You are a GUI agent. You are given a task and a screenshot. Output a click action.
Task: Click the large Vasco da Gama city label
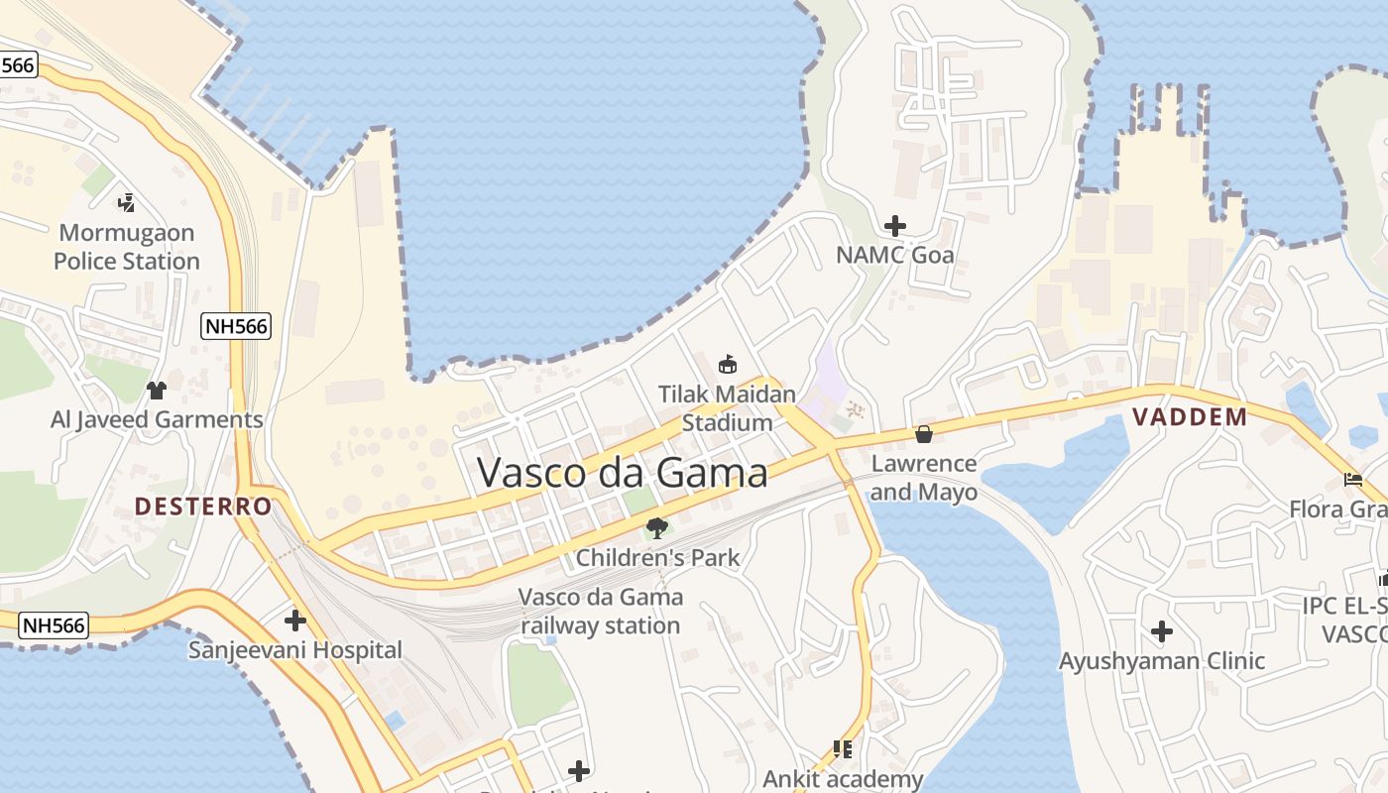[x=622, y=473]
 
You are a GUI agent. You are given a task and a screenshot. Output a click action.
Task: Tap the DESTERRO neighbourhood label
[x=203, y=507]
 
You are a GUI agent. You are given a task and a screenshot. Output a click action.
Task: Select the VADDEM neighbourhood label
[x=1190, y=416]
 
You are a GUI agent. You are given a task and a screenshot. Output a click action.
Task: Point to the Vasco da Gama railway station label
[x=601, y=612]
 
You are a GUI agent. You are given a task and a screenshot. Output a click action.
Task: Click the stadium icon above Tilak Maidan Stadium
[x=728, y=364]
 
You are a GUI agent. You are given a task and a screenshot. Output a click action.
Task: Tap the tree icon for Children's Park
[x=656, y=527]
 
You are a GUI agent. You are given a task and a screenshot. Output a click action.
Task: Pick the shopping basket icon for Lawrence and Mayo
[x=924, y=434]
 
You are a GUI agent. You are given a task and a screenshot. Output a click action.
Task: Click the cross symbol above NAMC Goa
[x=894, y=226]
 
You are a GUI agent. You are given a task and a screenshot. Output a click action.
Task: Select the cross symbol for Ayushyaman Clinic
[x=1161, y=630]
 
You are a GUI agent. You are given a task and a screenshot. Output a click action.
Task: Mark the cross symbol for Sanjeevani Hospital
[x=294, y=622]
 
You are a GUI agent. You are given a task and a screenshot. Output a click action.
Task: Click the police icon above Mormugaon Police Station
[x=126, y=203]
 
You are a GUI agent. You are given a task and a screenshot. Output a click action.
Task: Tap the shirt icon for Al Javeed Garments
[x=156, y=390]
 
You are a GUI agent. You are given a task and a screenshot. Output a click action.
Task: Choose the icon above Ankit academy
[x=843, y=749]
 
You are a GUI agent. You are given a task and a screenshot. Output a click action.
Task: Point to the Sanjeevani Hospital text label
[x=295, y=651]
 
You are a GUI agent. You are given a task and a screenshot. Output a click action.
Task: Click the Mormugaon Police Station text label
[x=127, y=248]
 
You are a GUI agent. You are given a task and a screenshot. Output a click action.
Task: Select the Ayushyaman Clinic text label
[x=1162, y=661]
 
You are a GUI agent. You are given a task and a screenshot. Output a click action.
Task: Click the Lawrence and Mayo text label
[x=924, y=478]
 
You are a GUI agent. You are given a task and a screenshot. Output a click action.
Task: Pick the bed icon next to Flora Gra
[x=1352, y=480]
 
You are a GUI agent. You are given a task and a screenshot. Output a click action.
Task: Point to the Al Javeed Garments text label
[x=157, y=419]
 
